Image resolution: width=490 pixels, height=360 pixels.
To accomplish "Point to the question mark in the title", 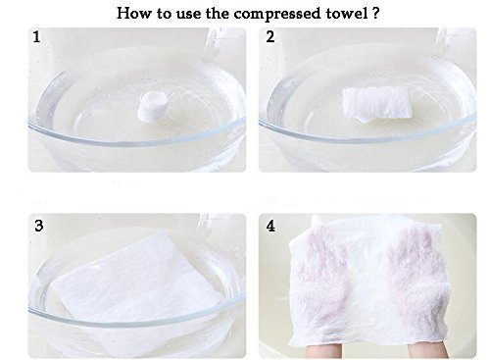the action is pos(375,14).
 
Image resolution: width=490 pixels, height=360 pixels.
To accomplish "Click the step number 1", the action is pos(36,37).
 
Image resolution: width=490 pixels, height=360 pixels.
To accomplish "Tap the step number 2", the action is pos(270,36).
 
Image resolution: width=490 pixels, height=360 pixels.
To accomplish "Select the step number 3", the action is pos(39,226).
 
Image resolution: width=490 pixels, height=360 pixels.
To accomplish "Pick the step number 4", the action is pos(270,226).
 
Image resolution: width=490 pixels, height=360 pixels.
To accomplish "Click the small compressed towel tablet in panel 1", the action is pos(152,106).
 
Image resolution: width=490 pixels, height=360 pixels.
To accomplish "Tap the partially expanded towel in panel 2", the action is pos(376,104).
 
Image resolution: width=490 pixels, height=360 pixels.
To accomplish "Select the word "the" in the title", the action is pos(218,14).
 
